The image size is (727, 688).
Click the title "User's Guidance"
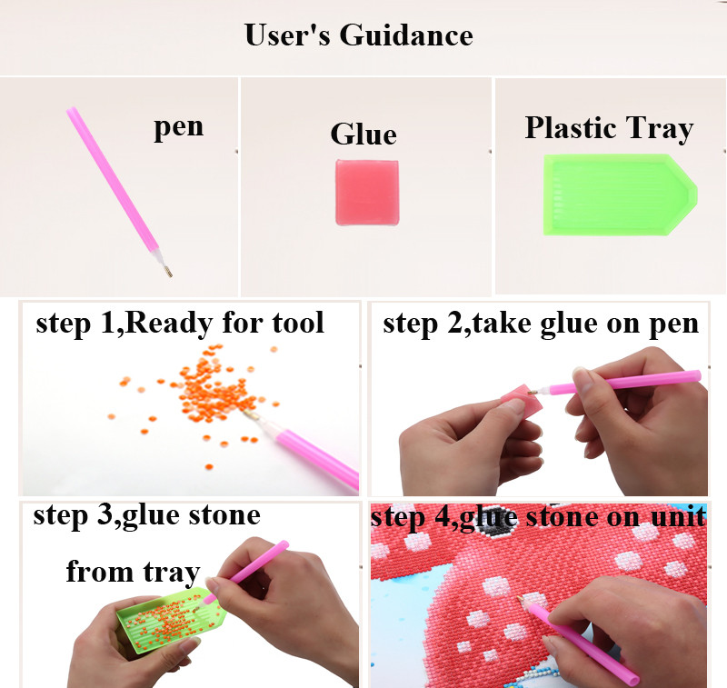tap(358, 35)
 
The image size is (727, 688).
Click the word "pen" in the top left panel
tap(178, 127)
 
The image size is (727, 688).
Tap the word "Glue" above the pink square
tap(363, 135)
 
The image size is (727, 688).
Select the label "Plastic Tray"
tap(609, 128)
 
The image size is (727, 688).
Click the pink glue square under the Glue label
tap(367, 193)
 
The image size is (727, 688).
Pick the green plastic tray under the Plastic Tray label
tap(620, 194)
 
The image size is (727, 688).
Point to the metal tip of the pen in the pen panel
tap(168, 270)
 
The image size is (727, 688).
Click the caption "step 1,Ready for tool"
tap(180, 323)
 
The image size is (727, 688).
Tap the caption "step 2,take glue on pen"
tap(541, 324)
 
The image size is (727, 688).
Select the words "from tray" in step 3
tap(133, 572)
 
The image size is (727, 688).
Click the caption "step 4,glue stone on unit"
tap(539, 517)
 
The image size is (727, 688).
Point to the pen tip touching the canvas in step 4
tap(520, 599)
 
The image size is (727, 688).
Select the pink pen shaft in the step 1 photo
tap(318, 457)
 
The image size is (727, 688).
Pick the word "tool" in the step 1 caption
tap(298, 323)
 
